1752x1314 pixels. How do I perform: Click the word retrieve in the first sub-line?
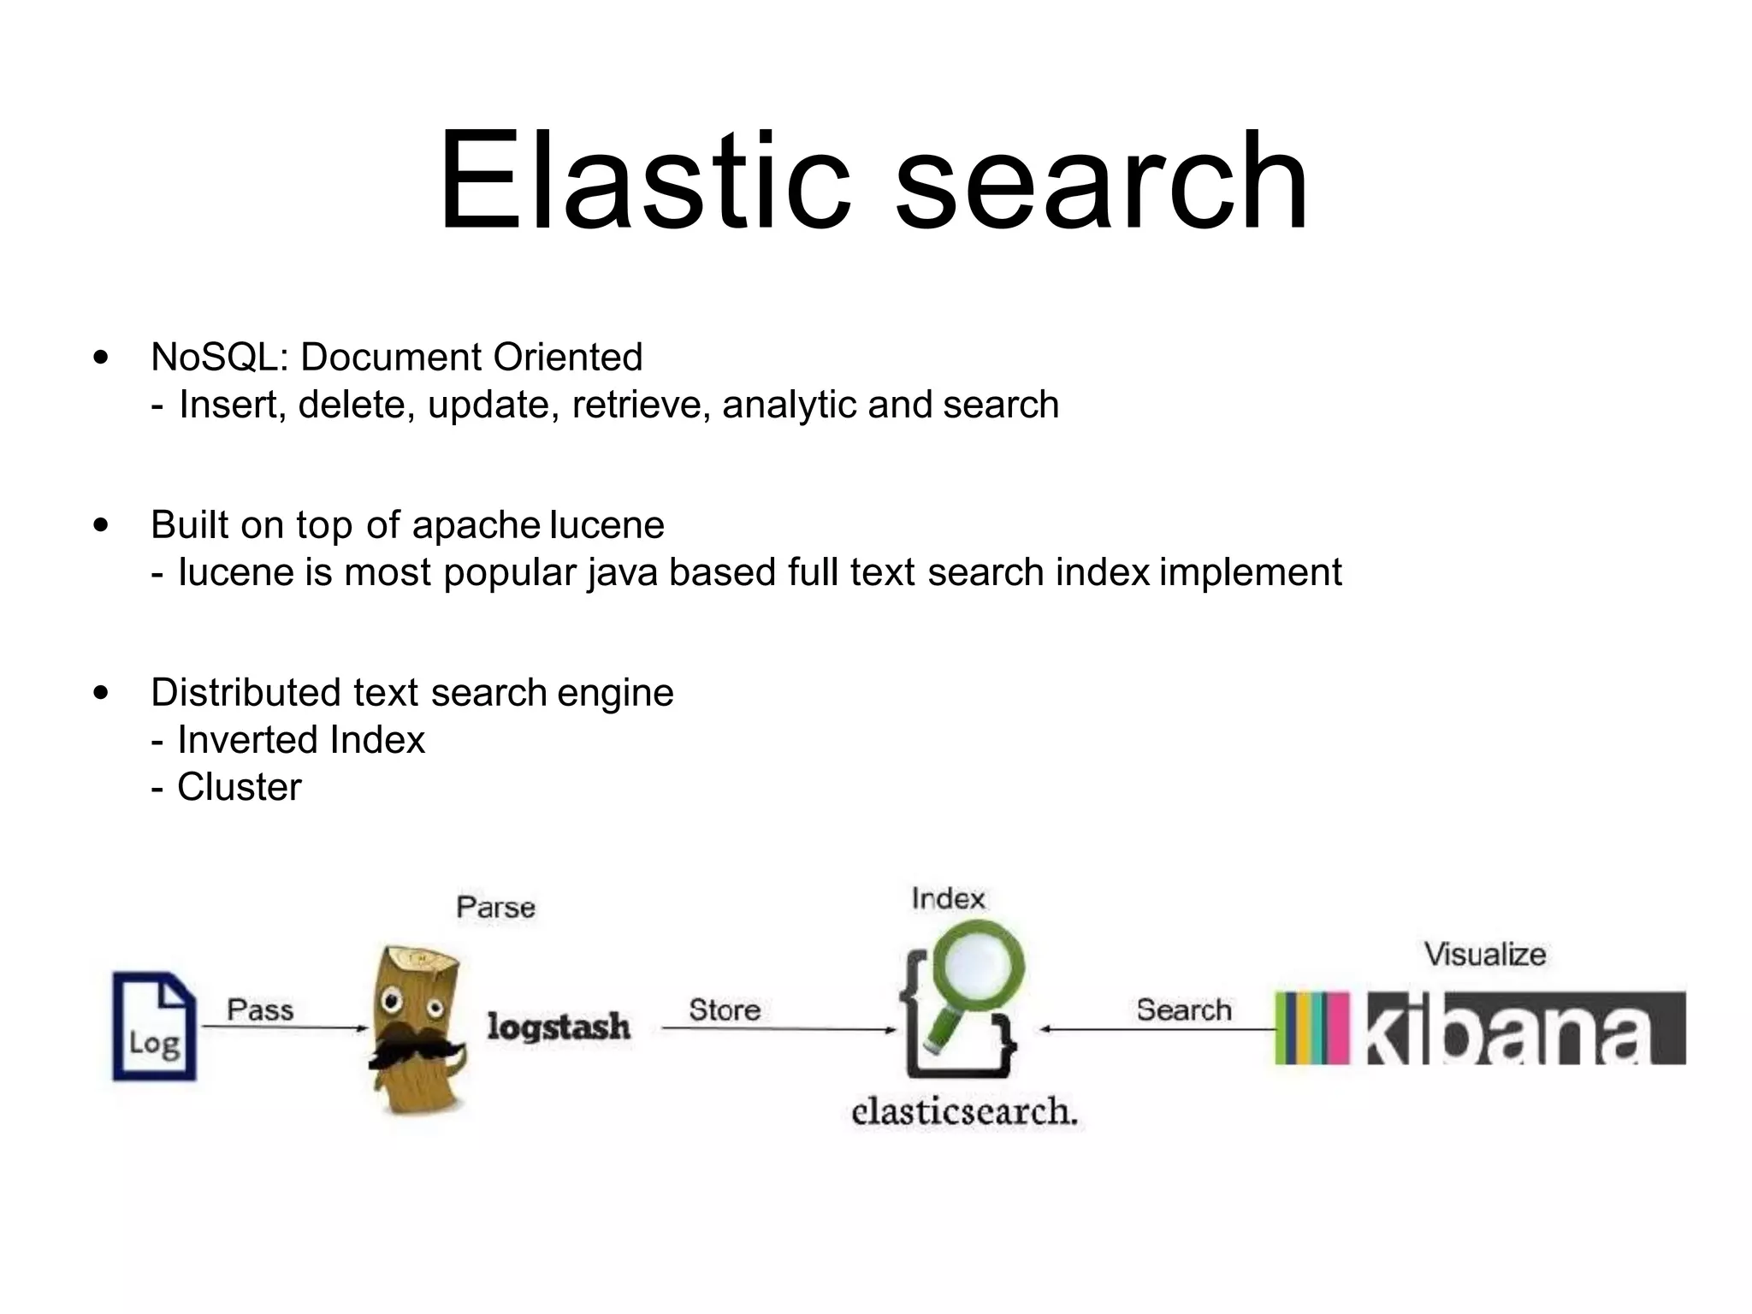641,405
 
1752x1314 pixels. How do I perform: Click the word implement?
1251,573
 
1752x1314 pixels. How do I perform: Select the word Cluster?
239,787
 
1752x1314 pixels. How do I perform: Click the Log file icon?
155,1027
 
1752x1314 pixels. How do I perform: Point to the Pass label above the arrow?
260,1009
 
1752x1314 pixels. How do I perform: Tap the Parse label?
496,907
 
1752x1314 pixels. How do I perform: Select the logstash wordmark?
559,1027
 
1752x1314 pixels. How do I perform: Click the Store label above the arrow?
725,1009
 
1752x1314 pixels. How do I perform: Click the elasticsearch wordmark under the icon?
964,1111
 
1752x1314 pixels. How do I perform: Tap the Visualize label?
1485,954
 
